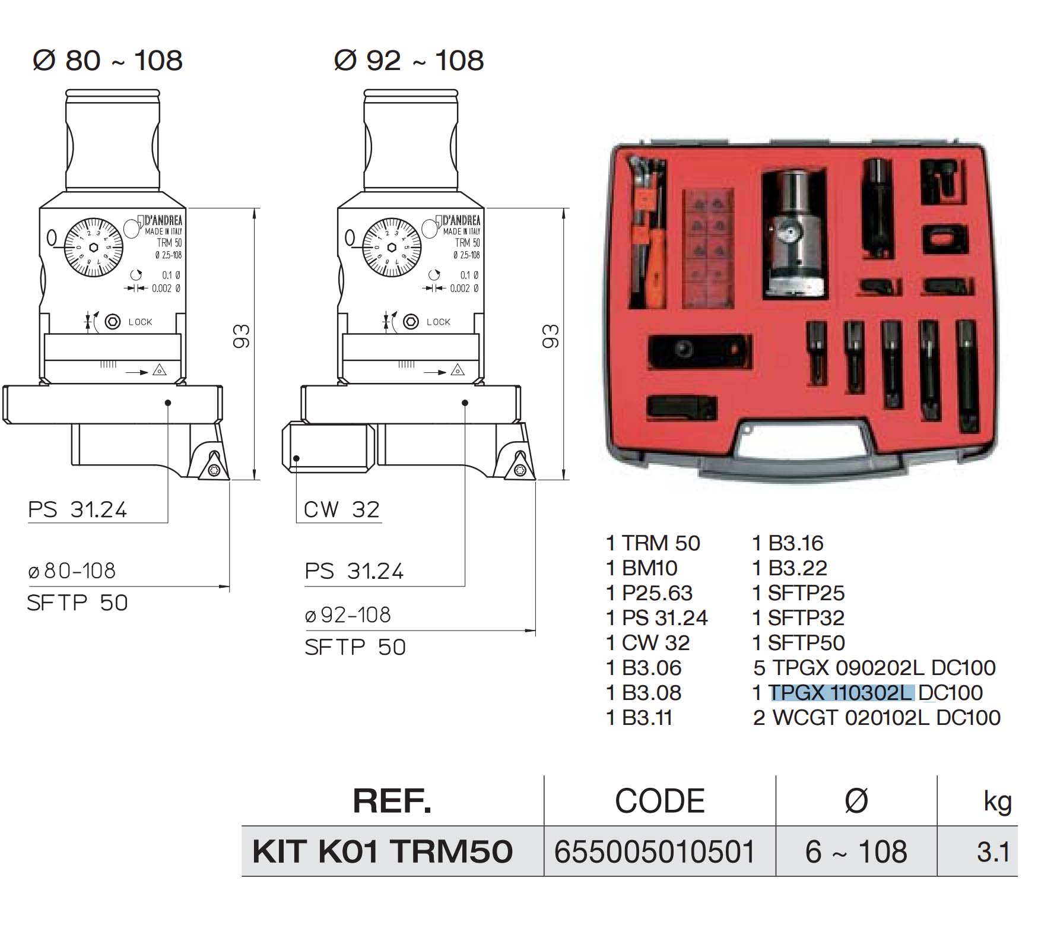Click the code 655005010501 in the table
655,851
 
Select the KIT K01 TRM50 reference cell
382,851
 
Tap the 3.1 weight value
993,852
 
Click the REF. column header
392,801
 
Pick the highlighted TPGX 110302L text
841,693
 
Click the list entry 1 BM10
642,568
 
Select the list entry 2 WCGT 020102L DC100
876,718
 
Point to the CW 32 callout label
341,509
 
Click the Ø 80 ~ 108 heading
107,61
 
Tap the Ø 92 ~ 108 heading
409,61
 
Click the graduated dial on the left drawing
93,248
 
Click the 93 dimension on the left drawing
242,336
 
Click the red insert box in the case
708,248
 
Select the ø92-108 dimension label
348,615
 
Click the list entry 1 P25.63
649,593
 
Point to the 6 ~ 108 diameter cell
856,851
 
